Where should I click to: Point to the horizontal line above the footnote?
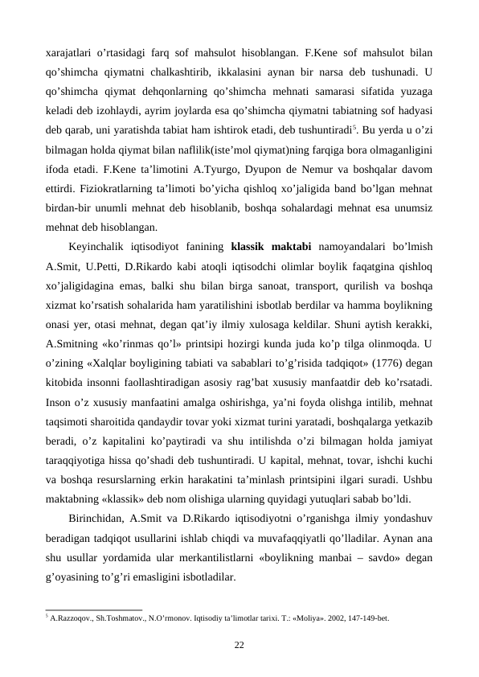click(x=94, y=609)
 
